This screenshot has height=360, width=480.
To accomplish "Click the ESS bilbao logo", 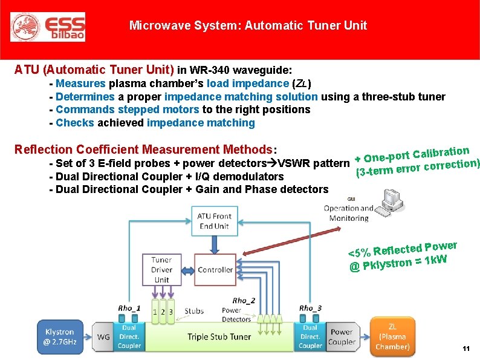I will click(x=48, y=27).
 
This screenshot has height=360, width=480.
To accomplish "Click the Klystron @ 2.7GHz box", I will click(x=60, y=336).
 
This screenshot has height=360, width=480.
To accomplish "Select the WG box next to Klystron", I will click(x=103, y=337).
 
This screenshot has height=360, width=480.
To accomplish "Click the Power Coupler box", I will click(x=342, y=337).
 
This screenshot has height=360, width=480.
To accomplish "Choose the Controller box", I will click(x=215, y=270).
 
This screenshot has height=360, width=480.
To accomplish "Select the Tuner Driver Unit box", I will click(x=162, y=270).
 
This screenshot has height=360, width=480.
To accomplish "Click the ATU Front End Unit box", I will click(x=214, y=221).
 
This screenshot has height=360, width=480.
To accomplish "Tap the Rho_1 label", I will click(x=129, y=308).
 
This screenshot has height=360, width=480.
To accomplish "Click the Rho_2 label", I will click(x=244, y=301).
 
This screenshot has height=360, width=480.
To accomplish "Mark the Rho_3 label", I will click(x=310, y=308).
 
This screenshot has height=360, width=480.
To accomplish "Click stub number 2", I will click(x=162, y=312).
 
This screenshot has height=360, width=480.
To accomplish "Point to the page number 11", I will click(x=465, y=349).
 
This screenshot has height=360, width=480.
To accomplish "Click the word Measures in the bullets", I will click(x=80, y=83).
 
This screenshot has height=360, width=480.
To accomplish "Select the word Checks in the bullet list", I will click(x=74, y=123).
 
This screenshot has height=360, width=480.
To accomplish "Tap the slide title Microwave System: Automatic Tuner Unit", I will click(x=248, y=25).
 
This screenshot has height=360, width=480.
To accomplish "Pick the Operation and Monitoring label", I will click(x=349, y=213).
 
